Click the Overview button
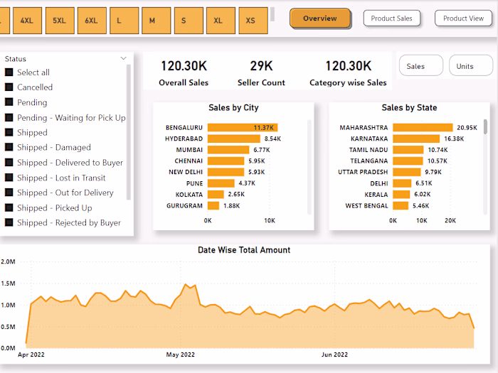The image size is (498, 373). pyautogui.click(x=320, y=18)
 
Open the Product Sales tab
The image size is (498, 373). pyautogui.click(x=391, y=18)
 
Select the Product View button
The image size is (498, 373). pyautogui.click(x=463, y=18)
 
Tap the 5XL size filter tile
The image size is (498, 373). pyautogui.click(x=59, y=21)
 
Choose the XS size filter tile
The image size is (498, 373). pyautogui.click(x=250, y=21)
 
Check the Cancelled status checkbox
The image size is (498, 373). pyautogui.click(x=9, y=87)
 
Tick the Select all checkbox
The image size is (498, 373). pyautogui.click(x=9, y=72)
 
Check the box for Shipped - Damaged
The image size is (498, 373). pyautogui.click(x=9, y=148)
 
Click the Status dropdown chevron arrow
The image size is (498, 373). pyautogui.click(x=124, y=59)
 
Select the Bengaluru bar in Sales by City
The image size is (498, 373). pyautogui.click(x=242, y=128)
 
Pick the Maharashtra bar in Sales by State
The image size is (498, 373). pyautogui.click(x=423, y=128)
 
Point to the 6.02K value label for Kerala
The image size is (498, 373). pyautogui.click(x=423, y=195)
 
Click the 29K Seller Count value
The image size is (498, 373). pyautogui.click(x=261, y=66)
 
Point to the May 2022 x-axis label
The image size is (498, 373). pyautogui.click(x=181, y=355)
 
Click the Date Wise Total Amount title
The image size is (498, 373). pyautogui.click(x=244, y=250)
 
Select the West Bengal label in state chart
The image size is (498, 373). pyautogui.click(x=367, y=206)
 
